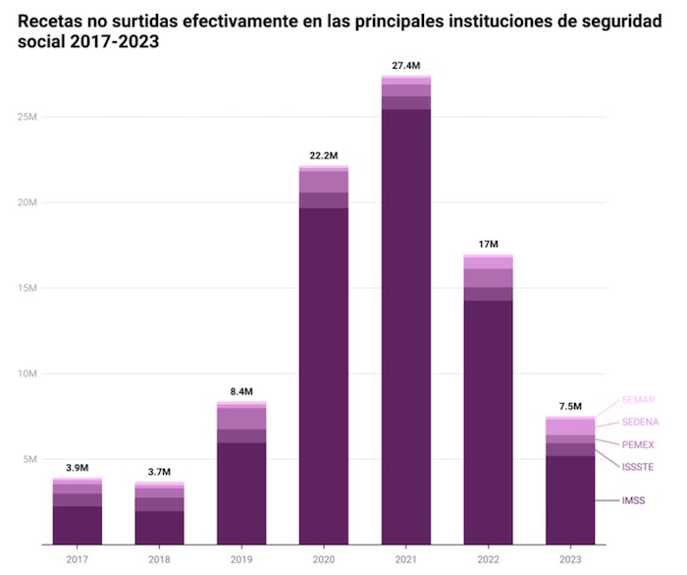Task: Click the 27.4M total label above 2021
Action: (x=406, y=66)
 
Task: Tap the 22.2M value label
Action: (x=324, y=155)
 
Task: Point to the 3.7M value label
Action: (x=160, y=473)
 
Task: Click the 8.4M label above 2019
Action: (x=241, y=392)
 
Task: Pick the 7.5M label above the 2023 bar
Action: (x=570, y=407)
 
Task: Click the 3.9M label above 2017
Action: (x=78, y=469)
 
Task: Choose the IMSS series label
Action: (x=634, y=500)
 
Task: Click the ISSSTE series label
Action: (x=638, y=467)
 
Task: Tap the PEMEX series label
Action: (x=638, y=444)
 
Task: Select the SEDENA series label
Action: (x=640, y=422)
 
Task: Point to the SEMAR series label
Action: (x=638, y=400)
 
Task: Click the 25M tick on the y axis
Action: (x=27, y=117)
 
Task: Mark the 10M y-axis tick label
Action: (x=27, y=374)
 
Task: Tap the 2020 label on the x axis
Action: (x=324, y=559)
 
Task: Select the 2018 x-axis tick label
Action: (x=160, y=559)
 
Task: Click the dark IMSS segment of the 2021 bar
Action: (x=406, y=324)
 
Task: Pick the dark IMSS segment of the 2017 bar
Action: (x=78, y=525)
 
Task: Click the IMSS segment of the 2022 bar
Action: (x=488, y=423)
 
